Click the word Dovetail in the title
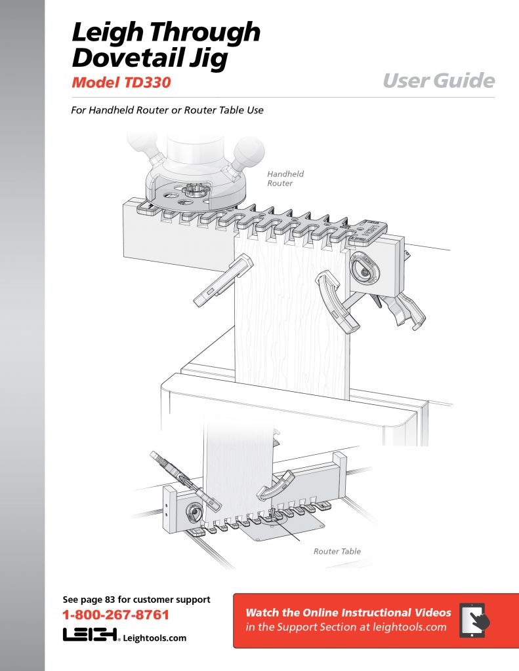pyautogui.click(x=127, y=58)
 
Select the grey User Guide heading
pyautogui.click(x=438, y=81)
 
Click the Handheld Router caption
pyautogui.click(x=285, y=179)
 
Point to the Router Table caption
pyautogui.click(x=337, y=551)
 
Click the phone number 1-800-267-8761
pyautogui.click(x=115, y=615)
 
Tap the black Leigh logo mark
pyautogui.click(x=90, y=635)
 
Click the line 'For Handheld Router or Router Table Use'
pyautogui.click(x=167, y=110)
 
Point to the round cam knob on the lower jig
pyautogui.click(x=194, y=512)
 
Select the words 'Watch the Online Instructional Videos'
pyautogui.click(x=348, y=613)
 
